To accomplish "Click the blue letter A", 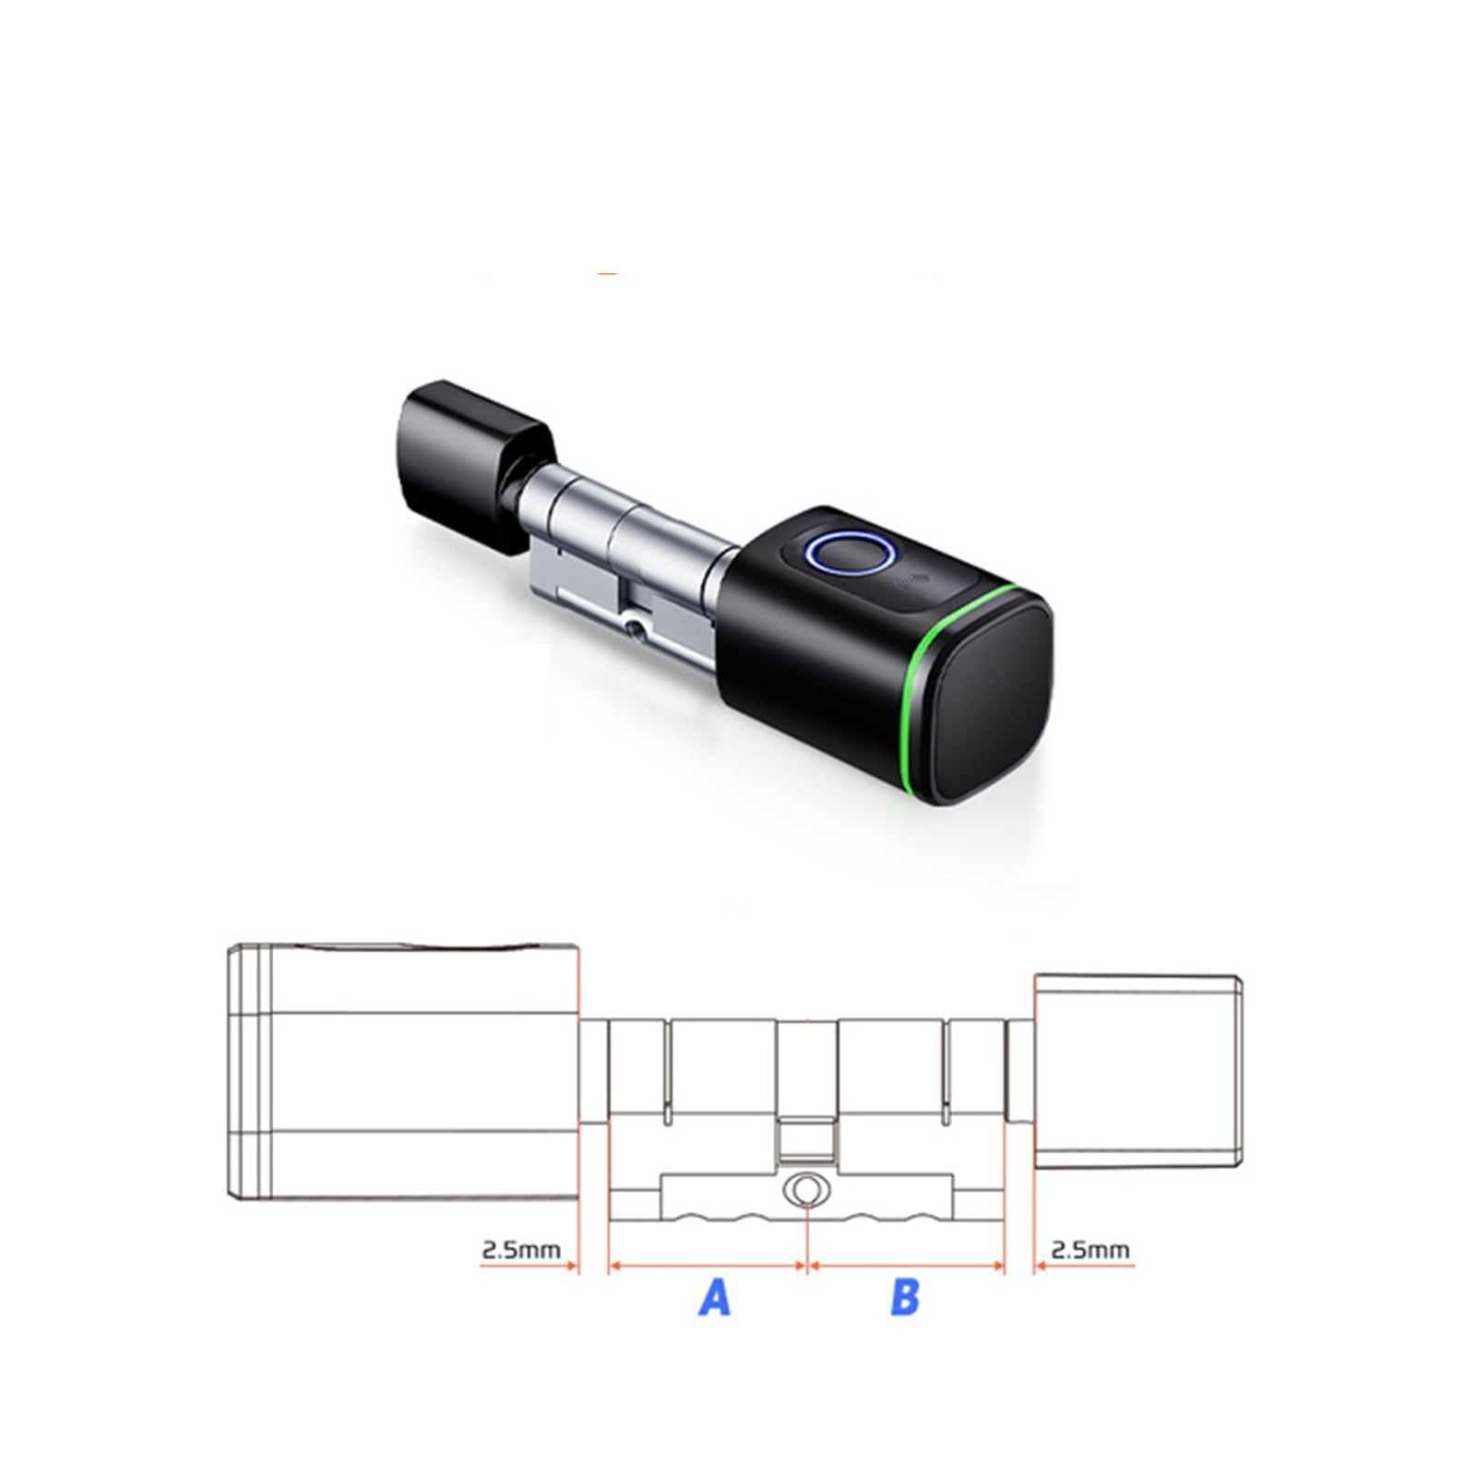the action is click(715, 1297).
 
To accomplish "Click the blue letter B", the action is click(905, 1297).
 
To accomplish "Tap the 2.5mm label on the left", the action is click(521, 1250).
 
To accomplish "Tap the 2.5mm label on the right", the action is click(1090, 1250).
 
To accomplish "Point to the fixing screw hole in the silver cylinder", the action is click(634, 629).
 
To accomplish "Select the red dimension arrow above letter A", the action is click(708, 1267).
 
